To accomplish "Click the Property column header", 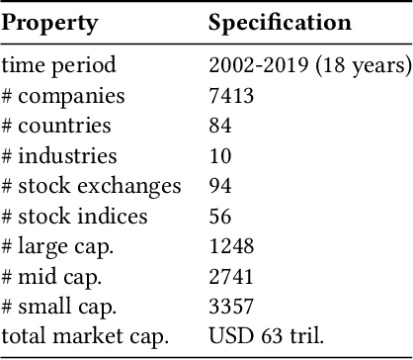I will coord(49,23).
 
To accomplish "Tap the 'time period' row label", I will coord(59,66).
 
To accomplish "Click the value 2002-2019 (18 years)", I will coord(309,66).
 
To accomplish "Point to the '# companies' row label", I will coord(63,96).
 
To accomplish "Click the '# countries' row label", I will coord(56,126).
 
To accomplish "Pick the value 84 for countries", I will coord(220,126).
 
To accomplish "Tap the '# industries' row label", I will coord(59,155).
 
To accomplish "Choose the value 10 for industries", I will coord(220,155).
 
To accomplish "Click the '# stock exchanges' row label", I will coord(92,186).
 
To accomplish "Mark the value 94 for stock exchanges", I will coord(220,186).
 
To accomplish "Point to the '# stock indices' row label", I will coord(75,216).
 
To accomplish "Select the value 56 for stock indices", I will coord(220,216).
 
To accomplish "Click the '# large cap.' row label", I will coord(60,246).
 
